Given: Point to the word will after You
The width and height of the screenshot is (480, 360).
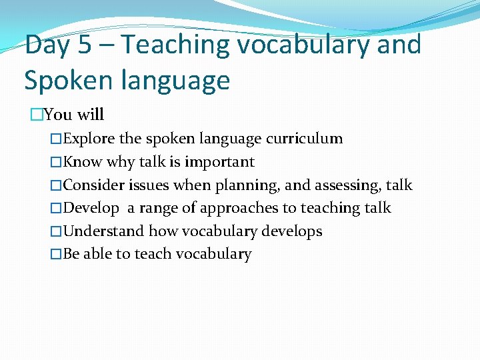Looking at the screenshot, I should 91,115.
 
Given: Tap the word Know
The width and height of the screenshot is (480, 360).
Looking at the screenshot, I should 81,162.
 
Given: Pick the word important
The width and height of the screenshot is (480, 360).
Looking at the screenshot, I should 219,162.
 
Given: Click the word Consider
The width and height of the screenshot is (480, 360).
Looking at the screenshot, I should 94,185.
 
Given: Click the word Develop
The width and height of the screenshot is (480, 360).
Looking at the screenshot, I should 91,209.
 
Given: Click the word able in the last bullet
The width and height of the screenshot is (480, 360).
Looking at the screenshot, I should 98,254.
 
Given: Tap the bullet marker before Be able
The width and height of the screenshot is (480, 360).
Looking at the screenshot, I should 57,254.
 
